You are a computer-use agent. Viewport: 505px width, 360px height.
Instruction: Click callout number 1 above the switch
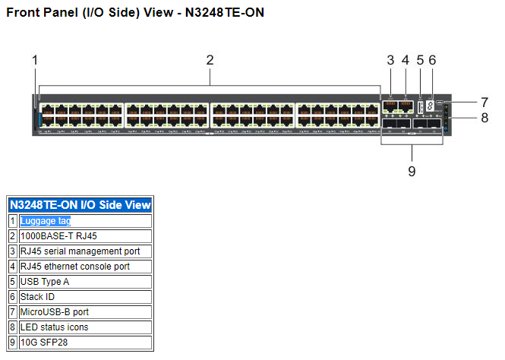click(x=34, y=60)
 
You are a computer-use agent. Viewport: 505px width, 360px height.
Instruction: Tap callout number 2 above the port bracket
click(x=210, y=60)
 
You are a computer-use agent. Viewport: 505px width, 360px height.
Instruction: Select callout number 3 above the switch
click(x=390, y=60)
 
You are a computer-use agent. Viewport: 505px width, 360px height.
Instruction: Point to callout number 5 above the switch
click(x=420, y=60)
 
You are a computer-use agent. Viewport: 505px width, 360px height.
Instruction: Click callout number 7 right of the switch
click(x=484, y=101)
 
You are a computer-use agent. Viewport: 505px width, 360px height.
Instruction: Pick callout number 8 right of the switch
click(x=484, y=118)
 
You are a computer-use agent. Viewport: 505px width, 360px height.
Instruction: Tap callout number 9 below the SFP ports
click(x=412, y=171)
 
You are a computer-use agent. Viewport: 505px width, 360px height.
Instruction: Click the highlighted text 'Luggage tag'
click(x=46, y=221)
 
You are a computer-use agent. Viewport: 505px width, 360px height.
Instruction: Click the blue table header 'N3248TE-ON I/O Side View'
click(x=80, y=205)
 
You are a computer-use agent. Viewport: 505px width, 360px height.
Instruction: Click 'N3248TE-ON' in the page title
click(x=225, y=13)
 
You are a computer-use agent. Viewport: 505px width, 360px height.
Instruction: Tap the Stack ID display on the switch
click(x=430, y=107)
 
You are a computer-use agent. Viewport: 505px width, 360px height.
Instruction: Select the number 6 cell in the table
click(x=13, y=297)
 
